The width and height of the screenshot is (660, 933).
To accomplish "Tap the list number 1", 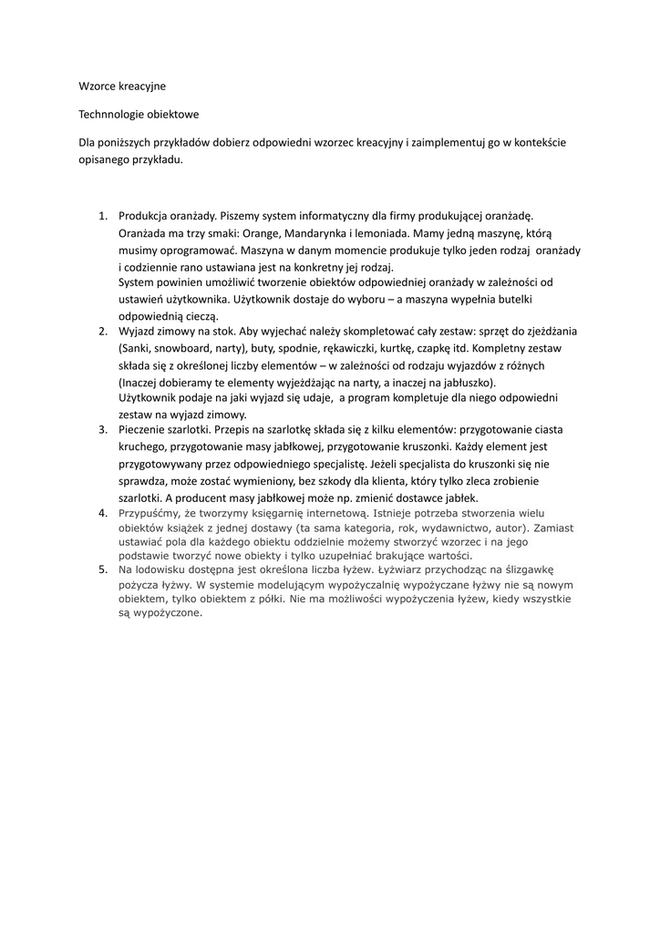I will (102, 216).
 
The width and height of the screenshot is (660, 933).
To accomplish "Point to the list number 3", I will (102, 428).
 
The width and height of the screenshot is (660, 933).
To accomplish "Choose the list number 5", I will (102, 569).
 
